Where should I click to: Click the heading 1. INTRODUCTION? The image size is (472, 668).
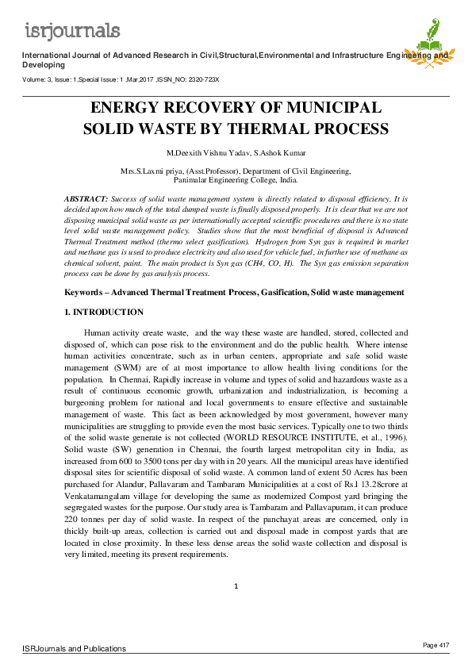[x=104, y=313]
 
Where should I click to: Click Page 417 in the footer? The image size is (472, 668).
[x=436, y=643]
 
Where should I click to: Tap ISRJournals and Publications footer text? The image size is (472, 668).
[x=74, y=648]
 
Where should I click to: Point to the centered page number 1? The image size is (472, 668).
[x=236, y=586]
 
